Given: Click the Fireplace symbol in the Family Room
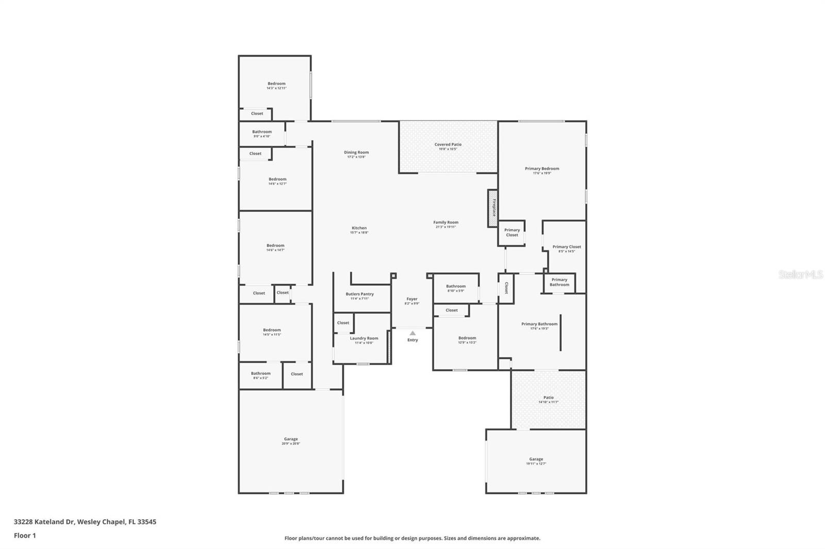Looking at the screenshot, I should pyautogui.click(x=493, y=208).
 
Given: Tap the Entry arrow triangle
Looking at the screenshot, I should pyautogui.click(x=412, y=333).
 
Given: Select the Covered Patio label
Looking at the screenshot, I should pyautogui.click(x=448, y=145).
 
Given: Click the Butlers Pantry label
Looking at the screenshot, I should pyautogui.click(x=359, y=294).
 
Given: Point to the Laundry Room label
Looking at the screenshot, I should pyautogui.click(x=364, y=338).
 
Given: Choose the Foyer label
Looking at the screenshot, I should pyautogui.click(x=411, y=299).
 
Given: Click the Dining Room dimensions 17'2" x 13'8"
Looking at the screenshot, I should pyautogui.click(x=356, y=157).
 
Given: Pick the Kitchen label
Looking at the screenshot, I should pyautogui.click(x=359, y=228).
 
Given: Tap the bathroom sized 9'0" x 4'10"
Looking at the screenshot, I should pyautogui.click(x=261, y=134).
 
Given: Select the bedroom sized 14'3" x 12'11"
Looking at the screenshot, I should pyautogui.click(x=276, y=85).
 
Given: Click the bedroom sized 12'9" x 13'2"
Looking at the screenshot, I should pyautogui.click(x=467, y=340).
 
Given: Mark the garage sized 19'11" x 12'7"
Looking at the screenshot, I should pyautogui.click(x=536, y=461).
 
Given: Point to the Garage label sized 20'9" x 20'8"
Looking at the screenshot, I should pyautogui.click(x=291, y=439).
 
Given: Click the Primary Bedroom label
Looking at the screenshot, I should pyautogui.click(x=542, y=168).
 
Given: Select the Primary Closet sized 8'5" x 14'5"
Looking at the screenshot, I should pyautogui.click(x=566, y=249).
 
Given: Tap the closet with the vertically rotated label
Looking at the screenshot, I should pyautogui.click(x=506, y=287).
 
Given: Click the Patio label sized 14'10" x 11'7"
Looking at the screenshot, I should pyautogui.click(x=548, y=398).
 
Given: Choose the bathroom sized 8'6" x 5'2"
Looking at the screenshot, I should pyautogui.click(x=260, y=375).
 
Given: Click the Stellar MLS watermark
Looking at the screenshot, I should pyautogui.click(x=800, y=275).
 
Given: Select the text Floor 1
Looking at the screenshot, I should pyautogui.click(x=25, y=536).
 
